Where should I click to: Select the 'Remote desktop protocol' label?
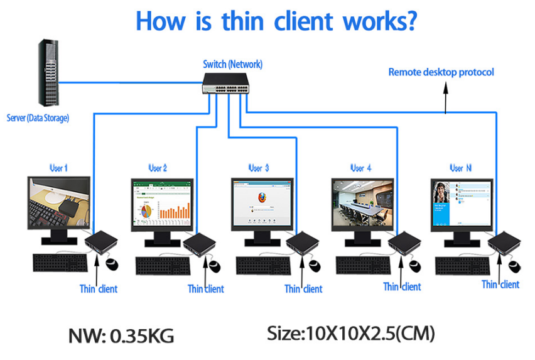[x=441, y=72]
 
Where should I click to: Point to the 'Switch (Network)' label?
[x=232, y=64]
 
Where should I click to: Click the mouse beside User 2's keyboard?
[x=214, y=265]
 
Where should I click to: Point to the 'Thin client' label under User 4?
[x=402, y=286]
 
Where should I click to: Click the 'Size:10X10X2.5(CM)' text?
[x=350, y=333]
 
